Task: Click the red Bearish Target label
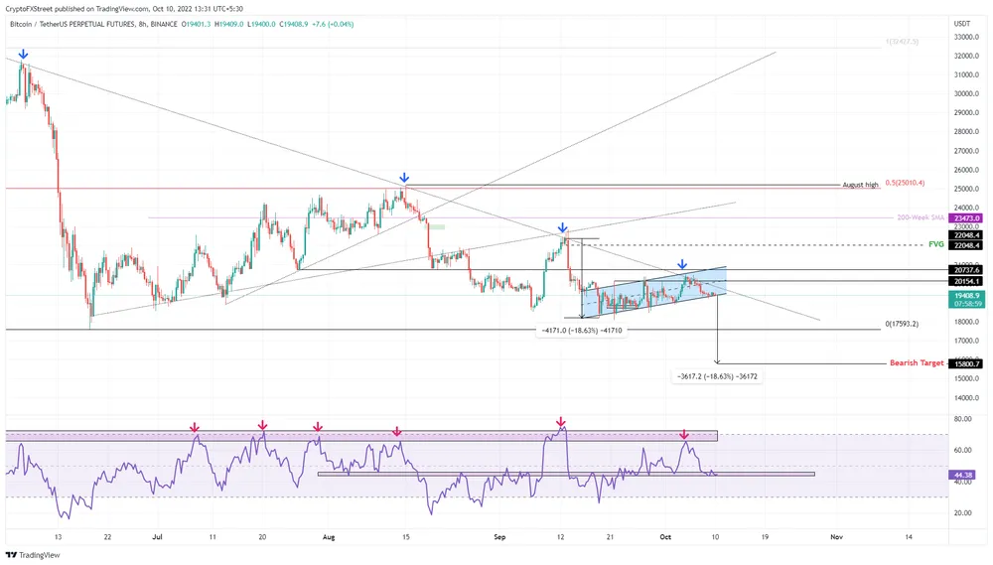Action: click(917, 363)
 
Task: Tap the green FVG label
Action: click(935, 243)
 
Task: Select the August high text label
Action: click(860, 186)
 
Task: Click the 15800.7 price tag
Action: click(965, 364)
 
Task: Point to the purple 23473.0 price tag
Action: click(965, 218)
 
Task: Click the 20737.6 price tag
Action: click(965, 269)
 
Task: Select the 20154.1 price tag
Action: click(965, 282)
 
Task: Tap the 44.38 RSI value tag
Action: click(962, 476)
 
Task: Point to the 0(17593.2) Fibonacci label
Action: click(901, 325)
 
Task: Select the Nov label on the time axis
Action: click(835, 536)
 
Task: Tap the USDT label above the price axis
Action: click(961, 23)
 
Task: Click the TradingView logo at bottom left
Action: click(34, 555)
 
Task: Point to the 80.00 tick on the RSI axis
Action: click(961, 420)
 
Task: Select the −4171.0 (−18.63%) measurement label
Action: click(582, 329)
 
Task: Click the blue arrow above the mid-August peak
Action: click(403, 176)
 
